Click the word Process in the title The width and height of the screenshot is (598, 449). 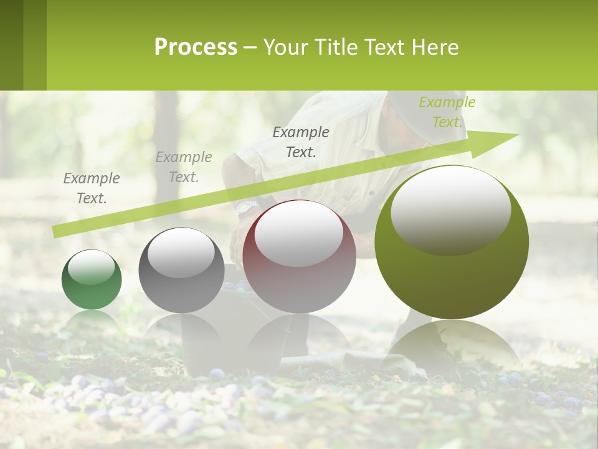coord(196,47)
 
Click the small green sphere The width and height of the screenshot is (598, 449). coord(92,279)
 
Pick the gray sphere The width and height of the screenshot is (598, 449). coord(181,270)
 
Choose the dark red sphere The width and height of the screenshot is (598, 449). coord(299,256)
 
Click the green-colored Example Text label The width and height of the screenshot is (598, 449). coord(447,112)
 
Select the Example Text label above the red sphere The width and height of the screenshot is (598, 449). coord(301,142)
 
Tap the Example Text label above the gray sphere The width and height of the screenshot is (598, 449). coord(184,167)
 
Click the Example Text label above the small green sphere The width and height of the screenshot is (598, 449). coord(92,188)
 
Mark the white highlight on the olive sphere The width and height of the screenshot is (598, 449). coord(450,210)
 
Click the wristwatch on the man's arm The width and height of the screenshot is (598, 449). coord(247,206)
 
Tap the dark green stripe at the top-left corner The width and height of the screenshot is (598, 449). coord(11,45)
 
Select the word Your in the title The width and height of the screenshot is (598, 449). coord(285,47)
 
